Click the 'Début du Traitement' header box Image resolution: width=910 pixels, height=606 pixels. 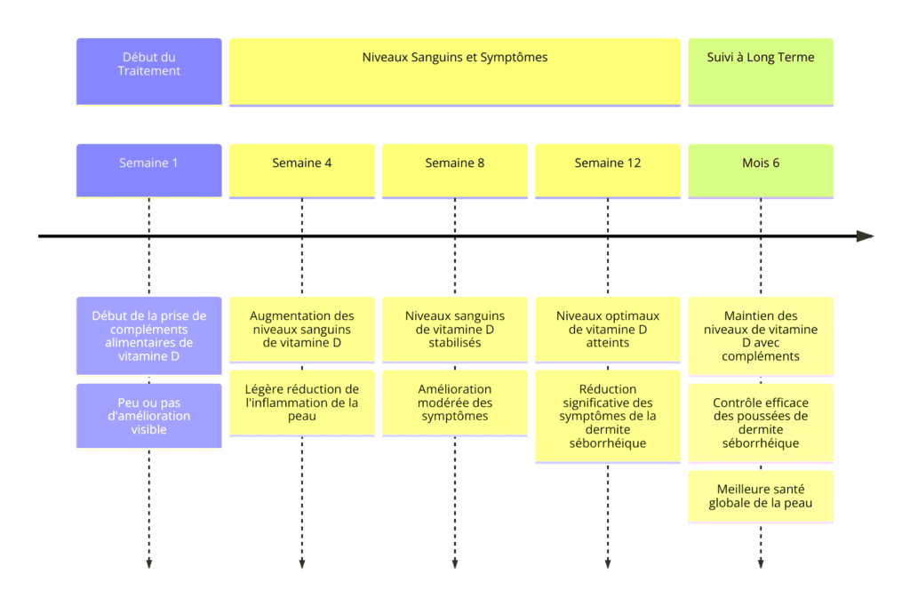point(149,72)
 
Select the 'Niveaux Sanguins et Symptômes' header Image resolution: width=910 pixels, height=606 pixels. point(455,72)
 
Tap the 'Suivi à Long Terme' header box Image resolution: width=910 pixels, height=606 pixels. point(761,72)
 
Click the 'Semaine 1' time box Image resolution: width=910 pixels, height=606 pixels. point(149,171)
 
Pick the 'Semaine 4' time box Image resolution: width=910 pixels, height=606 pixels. point(302,171)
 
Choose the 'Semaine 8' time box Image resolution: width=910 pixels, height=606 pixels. point(455,171)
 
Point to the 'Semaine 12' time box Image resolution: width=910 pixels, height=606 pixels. point(608,171)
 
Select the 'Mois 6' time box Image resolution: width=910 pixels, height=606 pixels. point(761,171)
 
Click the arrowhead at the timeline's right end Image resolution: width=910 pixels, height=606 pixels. point(866,236)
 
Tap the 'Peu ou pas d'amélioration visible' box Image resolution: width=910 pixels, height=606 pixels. point(149,416)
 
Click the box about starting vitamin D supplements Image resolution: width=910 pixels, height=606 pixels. point(149,336)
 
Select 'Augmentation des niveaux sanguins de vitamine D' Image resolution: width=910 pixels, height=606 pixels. point(302,330)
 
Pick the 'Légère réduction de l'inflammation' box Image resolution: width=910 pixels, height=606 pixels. point(302,403)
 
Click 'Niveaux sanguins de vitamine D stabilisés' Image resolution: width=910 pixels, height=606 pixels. point(455,330)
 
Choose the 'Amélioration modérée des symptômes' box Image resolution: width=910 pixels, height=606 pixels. point(455,403)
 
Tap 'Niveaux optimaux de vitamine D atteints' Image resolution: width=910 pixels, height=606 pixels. point(608,330)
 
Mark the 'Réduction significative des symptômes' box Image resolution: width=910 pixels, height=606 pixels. point(608,416)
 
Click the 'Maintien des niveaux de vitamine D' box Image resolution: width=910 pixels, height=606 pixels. point(761,336)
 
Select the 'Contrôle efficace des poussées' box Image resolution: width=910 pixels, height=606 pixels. point(761,423)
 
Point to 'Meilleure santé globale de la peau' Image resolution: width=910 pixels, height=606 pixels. point(761,497)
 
